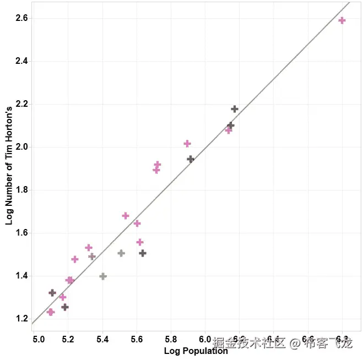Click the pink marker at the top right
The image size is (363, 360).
click(342, 20)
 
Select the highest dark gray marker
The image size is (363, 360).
click(235, 109)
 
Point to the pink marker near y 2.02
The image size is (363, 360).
click(187, 144)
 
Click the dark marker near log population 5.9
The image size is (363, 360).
click(191, 159)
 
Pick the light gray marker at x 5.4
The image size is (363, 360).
click(102, 276)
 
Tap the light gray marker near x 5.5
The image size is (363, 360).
click(121, 253)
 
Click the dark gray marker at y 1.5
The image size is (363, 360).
click(143, 253)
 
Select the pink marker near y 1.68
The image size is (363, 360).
click(126, 216)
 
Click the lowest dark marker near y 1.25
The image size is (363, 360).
click(65, 307)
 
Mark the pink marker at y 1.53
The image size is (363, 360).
click(89, 248)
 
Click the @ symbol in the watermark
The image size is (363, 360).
click(295, 344)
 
